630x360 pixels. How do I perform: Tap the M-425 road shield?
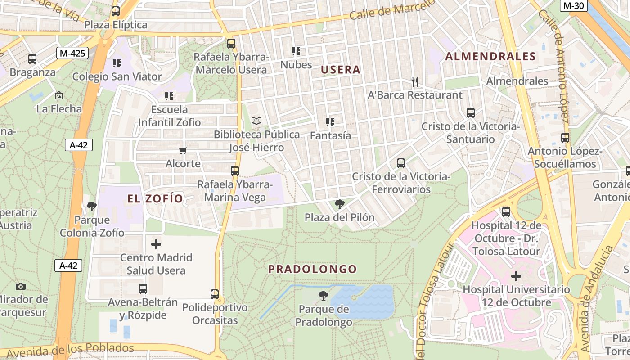click(72, 54)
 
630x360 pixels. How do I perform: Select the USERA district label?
click(341, 70)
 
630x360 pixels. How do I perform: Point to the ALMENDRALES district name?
click(490, 57)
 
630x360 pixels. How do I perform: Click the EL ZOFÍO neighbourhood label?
click(155, 198)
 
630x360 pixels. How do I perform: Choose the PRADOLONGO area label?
click(313, 269)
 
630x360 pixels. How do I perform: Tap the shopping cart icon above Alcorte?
click(183, 150)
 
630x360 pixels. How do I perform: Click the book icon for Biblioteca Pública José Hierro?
click(256, 121)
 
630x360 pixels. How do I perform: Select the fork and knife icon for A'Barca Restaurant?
click(415, 82)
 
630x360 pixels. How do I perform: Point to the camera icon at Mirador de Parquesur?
click(20, 286)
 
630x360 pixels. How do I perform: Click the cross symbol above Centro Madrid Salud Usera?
click(156, 244)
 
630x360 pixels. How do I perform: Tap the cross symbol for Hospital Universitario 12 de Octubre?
click(516, 276)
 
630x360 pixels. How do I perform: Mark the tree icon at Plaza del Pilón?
click(340, 205)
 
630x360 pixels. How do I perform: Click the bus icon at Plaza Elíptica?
click(116, 11)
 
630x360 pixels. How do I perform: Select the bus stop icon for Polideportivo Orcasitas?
click(215, 294)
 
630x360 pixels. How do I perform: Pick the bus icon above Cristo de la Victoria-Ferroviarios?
click(401, 163)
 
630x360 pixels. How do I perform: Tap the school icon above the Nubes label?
click(296, 51)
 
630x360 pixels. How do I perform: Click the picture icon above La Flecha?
click(59, 95)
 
